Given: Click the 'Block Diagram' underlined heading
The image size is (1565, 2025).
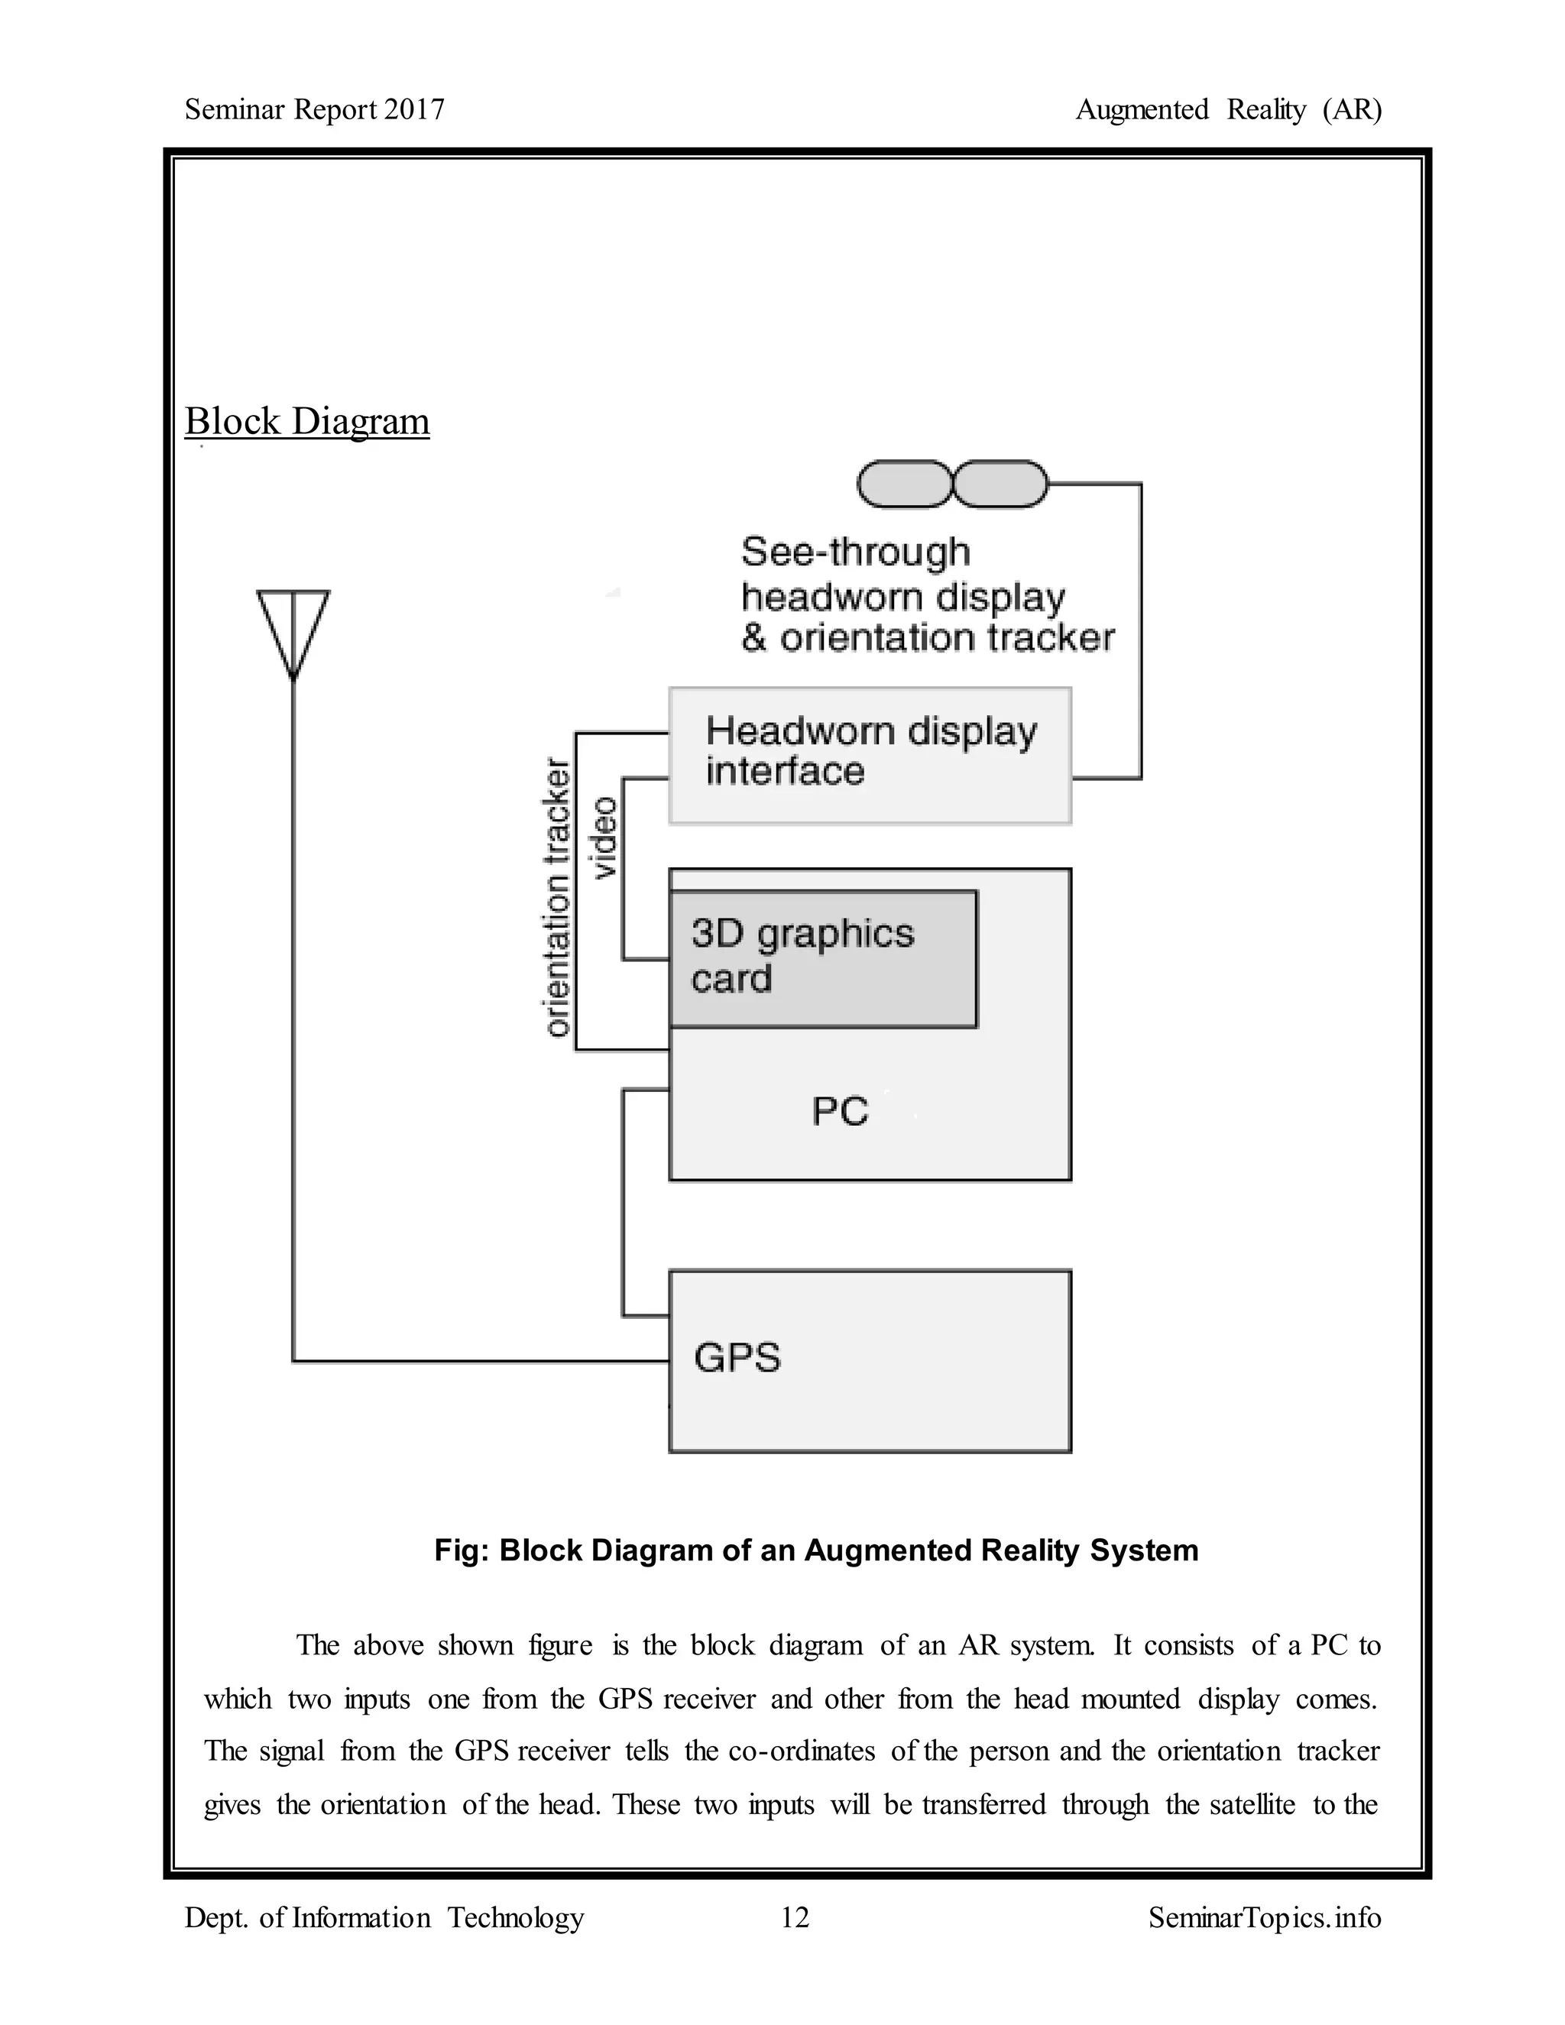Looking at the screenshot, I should pos(307,421).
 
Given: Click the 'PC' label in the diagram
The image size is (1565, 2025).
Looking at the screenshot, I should pos(840,1111).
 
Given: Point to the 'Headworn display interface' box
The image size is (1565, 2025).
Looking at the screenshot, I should pos(870,755).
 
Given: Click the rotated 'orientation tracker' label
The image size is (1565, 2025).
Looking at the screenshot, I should pos(556,898).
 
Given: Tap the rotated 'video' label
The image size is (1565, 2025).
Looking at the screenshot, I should pos(604,838).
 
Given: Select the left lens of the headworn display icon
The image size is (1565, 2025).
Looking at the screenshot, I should pos(904,484).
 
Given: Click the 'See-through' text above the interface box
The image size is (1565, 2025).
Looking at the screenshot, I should pos(855,552).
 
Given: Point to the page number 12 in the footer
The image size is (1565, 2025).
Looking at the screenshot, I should pos(795,1917).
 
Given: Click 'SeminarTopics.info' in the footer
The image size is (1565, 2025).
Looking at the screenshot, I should pos(1264,1917).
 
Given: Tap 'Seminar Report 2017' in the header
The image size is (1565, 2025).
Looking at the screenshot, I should pos(314,109).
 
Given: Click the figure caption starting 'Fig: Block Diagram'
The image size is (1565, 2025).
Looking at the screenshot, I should pos(816,1550).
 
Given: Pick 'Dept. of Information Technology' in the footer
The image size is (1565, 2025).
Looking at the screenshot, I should pos(384,1917).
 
